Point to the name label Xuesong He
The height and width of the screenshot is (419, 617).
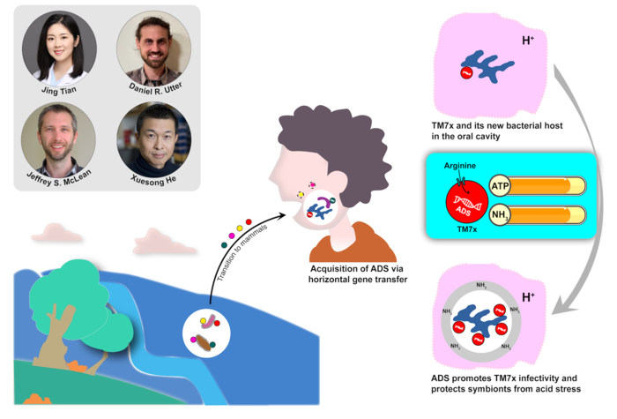150,179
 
